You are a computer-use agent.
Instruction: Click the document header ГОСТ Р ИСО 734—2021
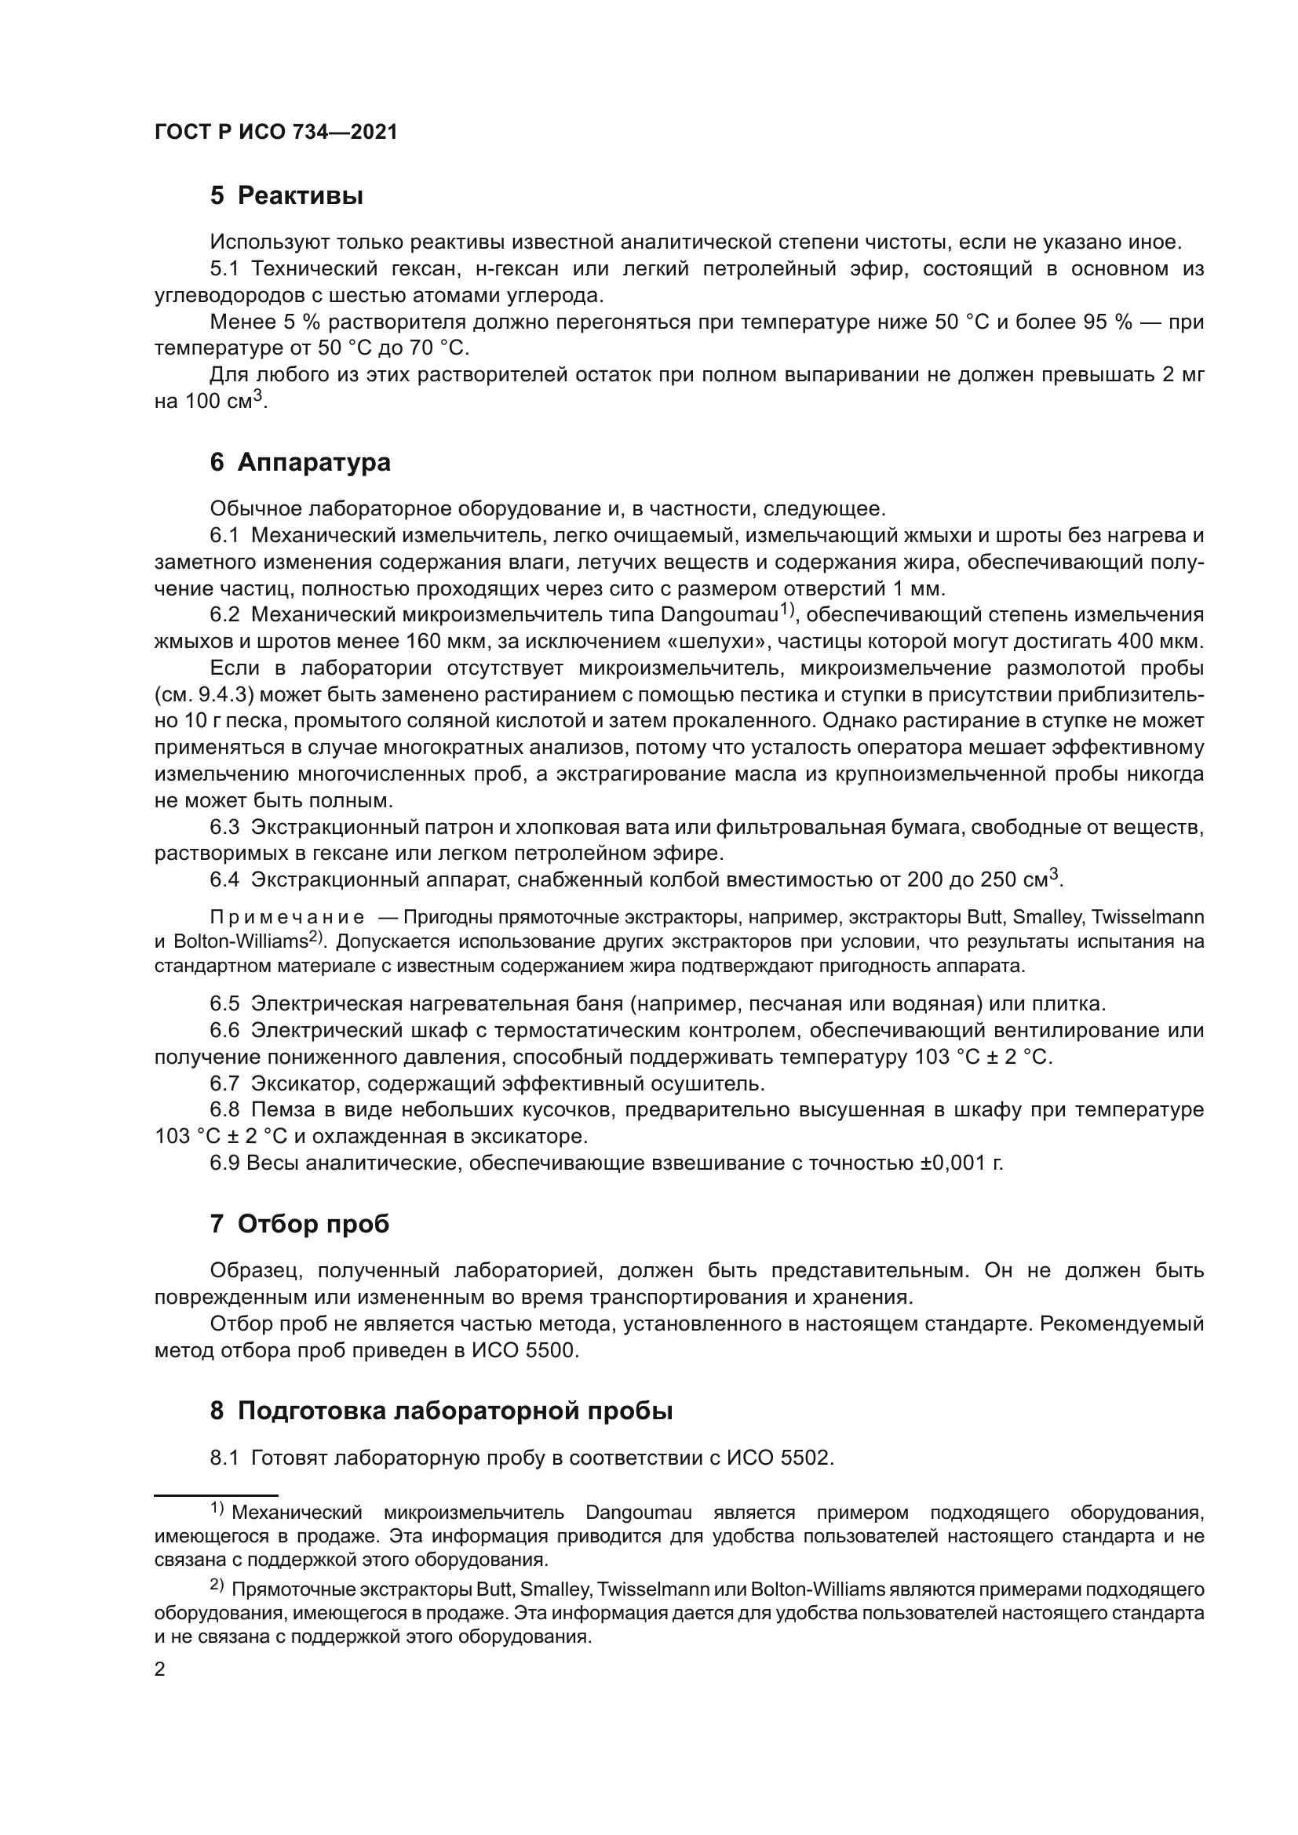[x=275, y=133]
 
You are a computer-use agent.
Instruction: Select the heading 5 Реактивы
[x=286, y=196]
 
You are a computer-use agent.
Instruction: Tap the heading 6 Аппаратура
[x=300, y=463]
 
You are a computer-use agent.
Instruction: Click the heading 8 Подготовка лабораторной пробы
[x=441, y=1411]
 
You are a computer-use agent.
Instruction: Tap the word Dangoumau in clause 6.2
[x=720, y=615]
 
